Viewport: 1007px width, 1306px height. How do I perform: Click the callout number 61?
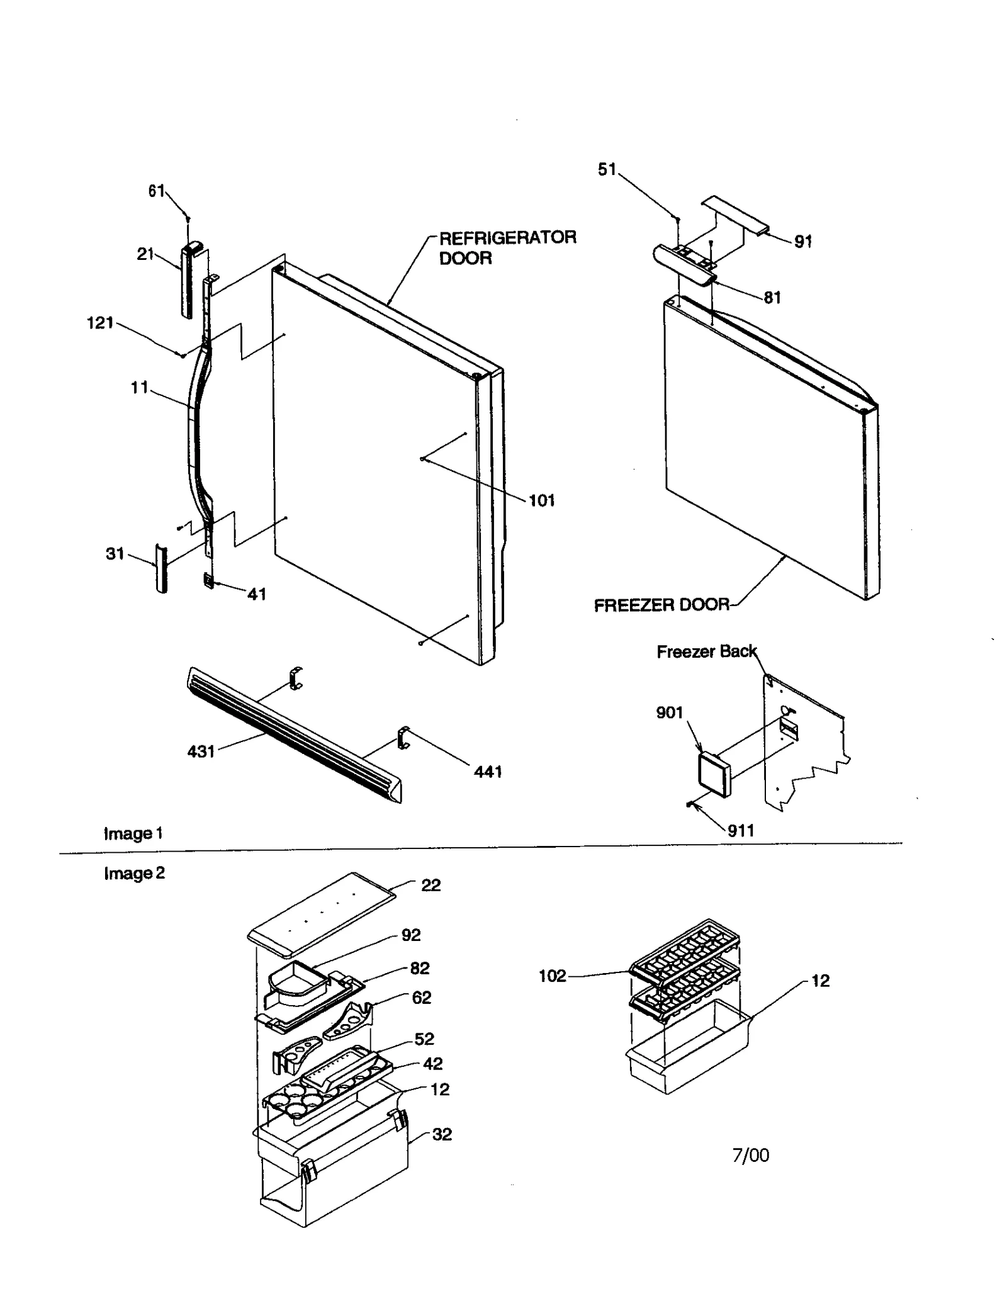(x=156, y=191)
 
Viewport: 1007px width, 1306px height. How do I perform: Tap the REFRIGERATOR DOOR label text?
(x=507, y=247)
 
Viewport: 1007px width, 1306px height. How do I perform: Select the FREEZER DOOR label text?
(x=661, y=605)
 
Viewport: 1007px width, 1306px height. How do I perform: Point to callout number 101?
(x=541, y=501)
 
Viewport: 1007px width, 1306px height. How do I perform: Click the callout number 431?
(x=201, y=752)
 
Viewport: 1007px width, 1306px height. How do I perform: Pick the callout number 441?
(x=488, y=772)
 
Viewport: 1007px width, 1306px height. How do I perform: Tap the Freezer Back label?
(x=706, y=651)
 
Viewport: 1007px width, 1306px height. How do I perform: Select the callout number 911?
(x=741, y=831)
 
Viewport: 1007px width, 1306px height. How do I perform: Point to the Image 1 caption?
(x=133, y=833)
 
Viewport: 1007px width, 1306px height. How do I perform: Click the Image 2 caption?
(x=134, y=873)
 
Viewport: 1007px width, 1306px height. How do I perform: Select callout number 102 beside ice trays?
(x=553, y=976)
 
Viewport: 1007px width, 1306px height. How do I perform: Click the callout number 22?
(x=431, y=885)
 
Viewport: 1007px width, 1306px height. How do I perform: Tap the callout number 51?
(x=607, y=169)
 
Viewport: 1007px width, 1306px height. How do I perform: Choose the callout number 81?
(x=772, y=297)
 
